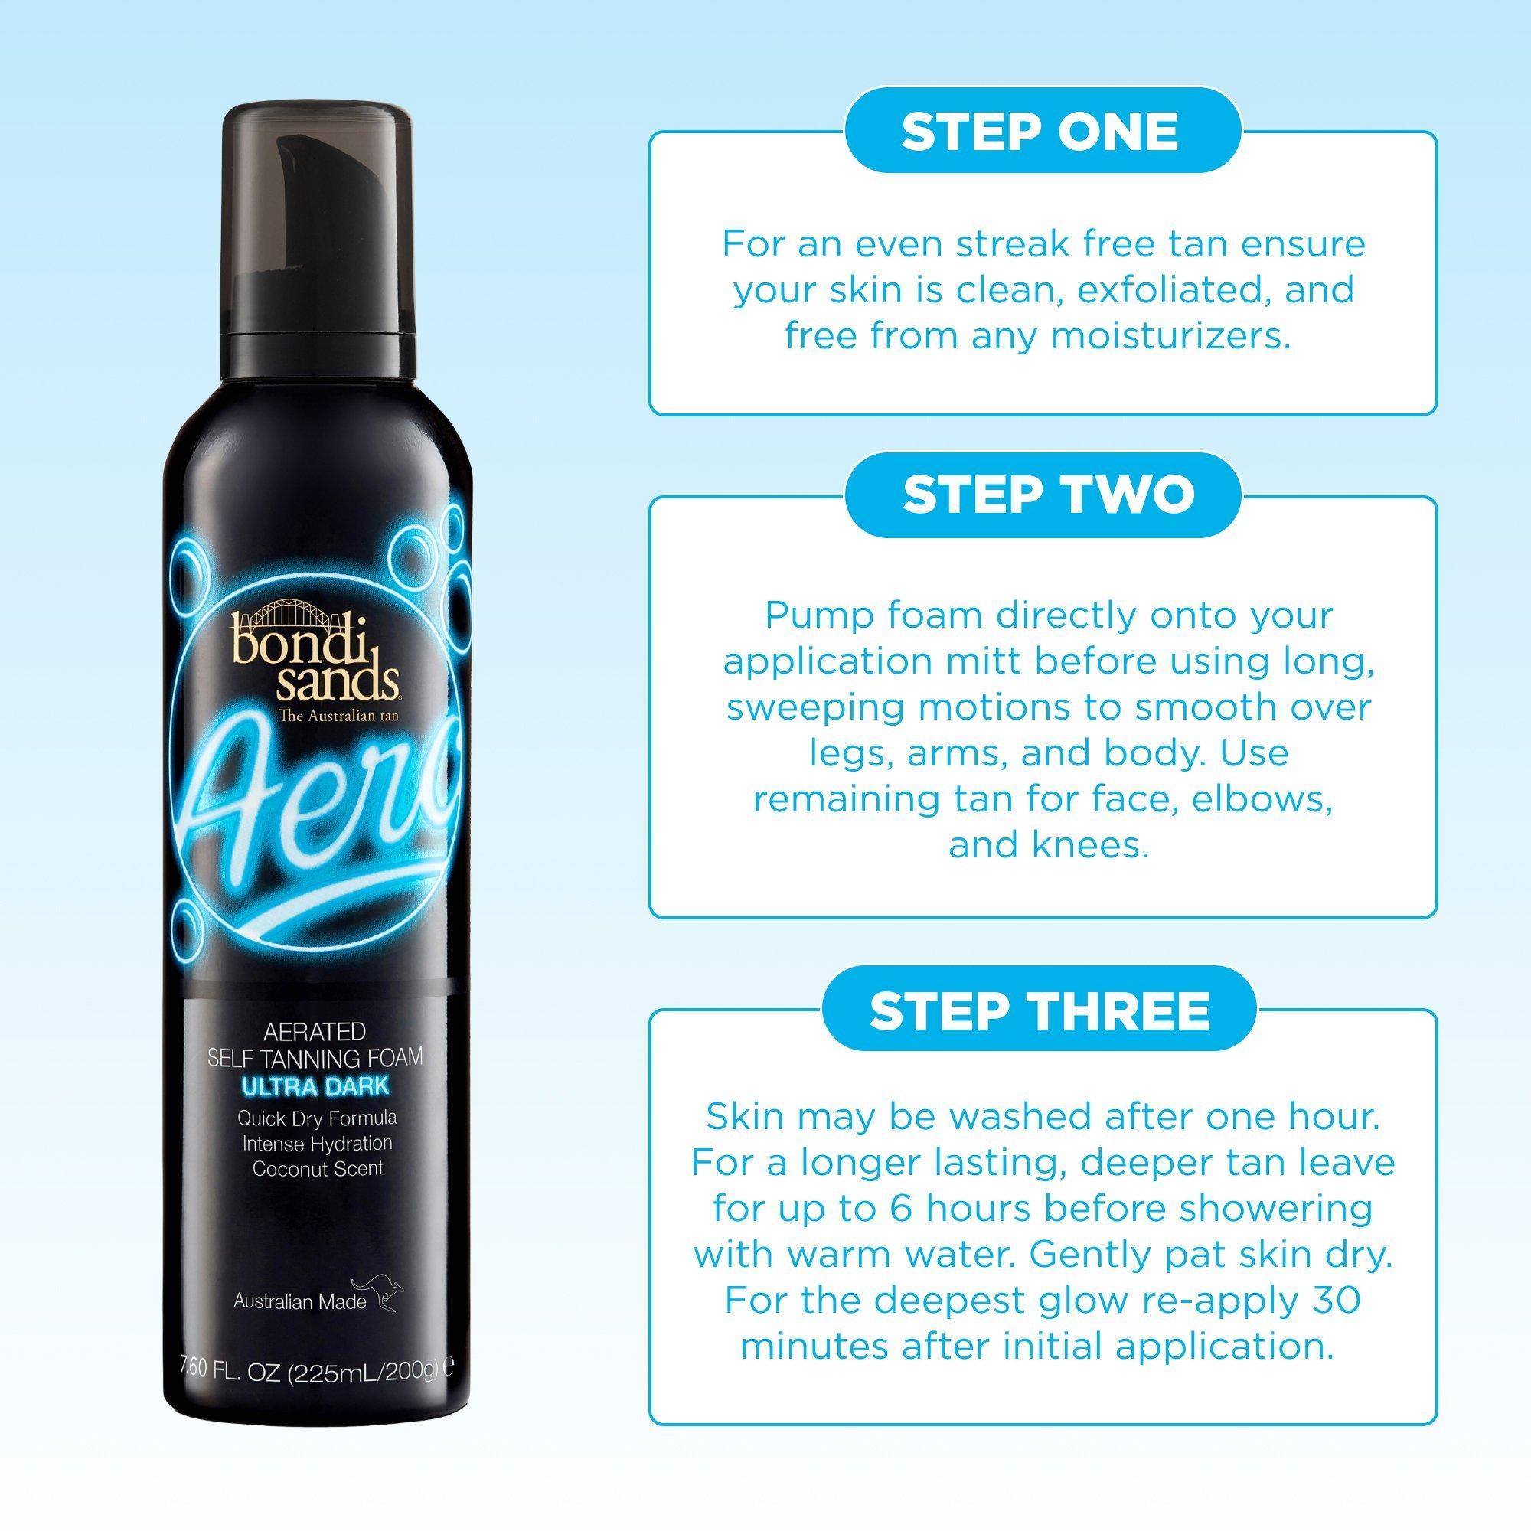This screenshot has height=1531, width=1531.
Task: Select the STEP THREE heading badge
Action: tap(1039, 1008)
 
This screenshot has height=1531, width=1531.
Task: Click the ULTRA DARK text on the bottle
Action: tap(316, 1085)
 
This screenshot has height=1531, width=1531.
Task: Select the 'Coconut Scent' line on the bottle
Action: tap(317, 1168)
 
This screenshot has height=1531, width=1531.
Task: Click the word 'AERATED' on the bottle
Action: tap(316, 1031)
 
